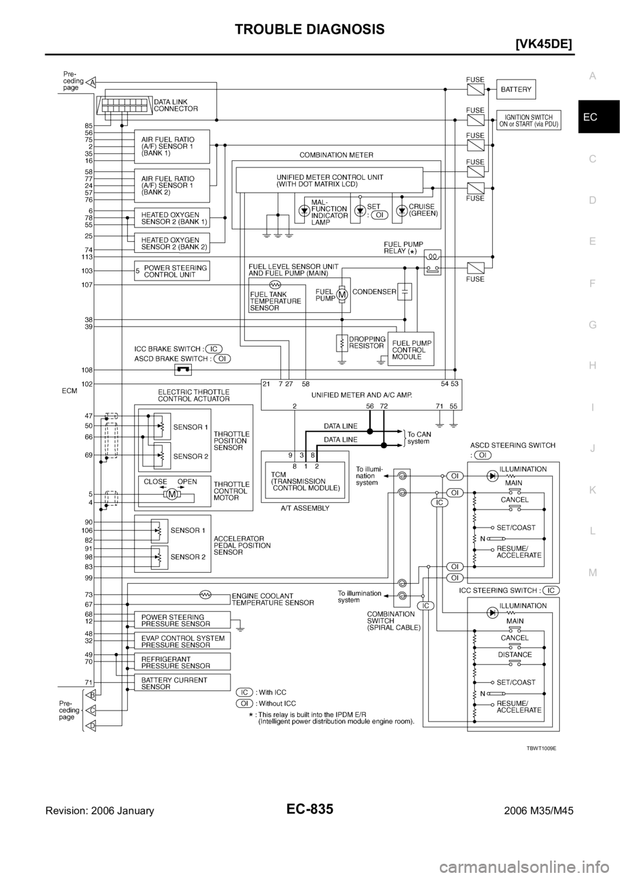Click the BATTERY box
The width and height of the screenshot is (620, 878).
(x=516, y=89)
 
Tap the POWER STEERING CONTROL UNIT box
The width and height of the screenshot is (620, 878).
(x=172, y=271)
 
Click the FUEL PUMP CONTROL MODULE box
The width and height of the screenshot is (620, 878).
(x=410, y=350)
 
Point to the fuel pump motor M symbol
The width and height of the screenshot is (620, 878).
(x=342, y=295)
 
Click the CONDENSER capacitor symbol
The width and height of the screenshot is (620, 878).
(x=405, y=292)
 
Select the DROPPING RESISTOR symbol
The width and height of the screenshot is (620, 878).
(x=341, y=343)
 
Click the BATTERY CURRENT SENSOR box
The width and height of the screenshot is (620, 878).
(x=181, y=683)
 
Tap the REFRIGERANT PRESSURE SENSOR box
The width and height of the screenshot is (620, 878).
(x=181, y=661)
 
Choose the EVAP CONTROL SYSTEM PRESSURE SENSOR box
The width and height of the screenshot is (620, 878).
(x=181, y=641)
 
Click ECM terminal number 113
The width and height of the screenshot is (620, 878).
(x=87, y=257)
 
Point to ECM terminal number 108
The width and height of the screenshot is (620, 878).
(x=87, y=370)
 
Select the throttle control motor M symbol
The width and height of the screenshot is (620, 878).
(x=172, y=495)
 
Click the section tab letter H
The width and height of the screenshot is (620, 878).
(x=593, y=365)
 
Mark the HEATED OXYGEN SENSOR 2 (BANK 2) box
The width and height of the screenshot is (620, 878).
(x=171, y=242)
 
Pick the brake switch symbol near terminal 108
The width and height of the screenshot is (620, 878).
(x=183, y=370)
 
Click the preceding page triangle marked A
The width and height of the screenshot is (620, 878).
(x=93, y=82)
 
